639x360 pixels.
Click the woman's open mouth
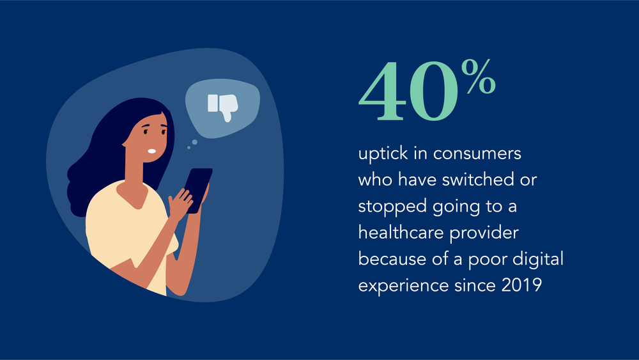tap(151, 152)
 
